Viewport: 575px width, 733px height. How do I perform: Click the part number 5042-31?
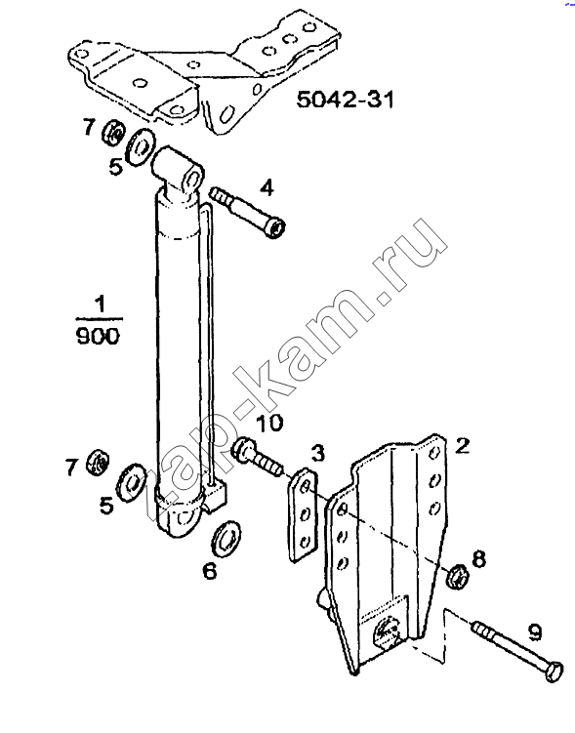tap(345, 100)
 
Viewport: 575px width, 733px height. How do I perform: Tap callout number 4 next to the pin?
tap(267, 188)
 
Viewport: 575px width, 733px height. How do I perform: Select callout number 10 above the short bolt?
tap(268, 423)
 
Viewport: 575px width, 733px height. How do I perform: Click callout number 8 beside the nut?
tap(478, 559)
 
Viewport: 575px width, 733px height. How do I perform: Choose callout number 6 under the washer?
tap(209, 570)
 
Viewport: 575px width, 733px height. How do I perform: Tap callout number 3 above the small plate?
tap(317, 454)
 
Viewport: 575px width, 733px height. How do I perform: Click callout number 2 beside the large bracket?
tap(462, 445)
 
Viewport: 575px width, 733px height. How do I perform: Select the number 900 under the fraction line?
tap(98, 336)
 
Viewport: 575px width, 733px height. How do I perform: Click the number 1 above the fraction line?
tap(100, 305)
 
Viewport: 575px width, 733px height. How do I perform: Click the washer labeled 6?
tap(226, 536)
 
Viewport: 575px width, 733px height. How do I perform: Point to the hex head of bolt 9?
tap(554, 672)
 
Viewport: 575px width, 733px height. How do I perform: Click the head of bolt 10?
tap(242, 450)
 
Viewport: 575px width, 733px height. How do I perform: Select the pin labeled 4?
tap(247, 212)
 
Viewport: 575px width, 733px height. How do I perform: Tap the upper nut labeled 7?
tap(112, 132)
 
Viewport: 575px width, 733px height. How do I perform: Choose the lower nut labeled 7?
tap(99, 462)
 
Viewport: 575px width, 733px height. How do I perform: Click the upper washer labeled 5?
tap(142, 145)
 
